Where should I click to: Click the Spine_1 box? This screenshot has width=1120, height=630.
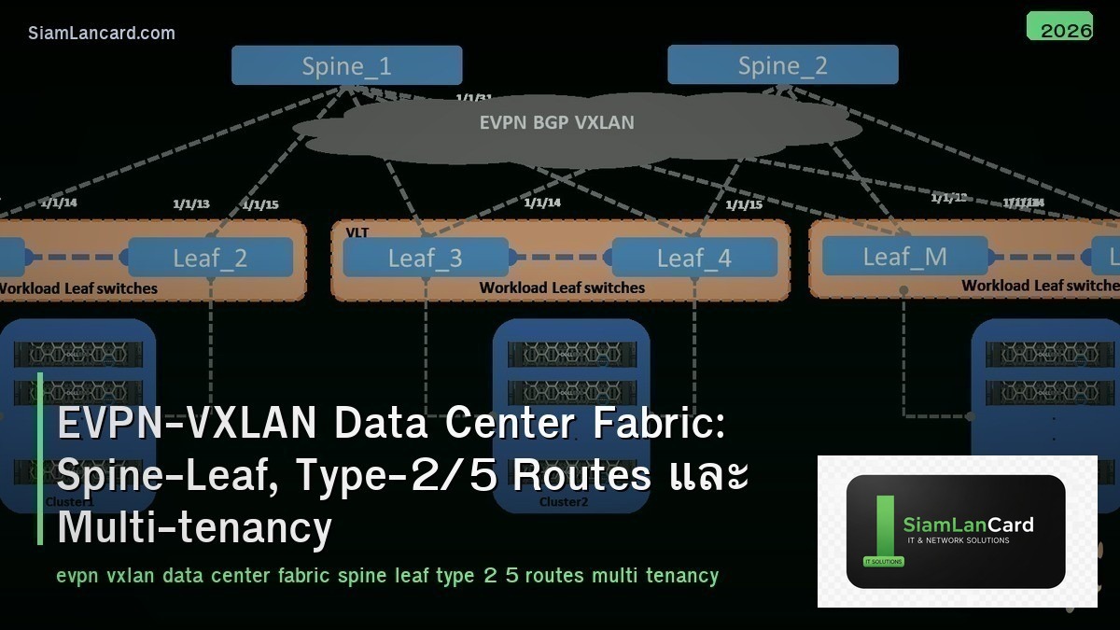coord(346,65)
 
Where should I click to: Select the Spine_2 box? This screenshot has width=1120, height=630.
coord(782,65)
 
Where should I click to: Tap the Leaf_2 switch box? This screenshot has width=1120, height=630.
coord(210,258)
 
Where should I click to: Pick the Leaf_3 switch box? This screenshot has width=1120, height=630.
coord(426,258)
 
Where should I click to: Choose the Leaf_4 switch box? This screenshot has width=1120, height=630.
coord(693,258)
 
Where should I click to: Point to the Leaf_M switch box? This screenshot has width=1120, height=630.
coord(904,256)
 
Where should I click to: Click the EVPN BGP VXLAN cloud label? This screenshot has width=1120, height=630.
coord(556,122)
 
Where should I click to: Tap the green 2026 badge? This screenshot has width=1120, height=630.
coord(1059,28)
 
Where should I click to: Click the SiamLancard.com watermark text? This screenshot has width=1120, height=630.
coord(102,34)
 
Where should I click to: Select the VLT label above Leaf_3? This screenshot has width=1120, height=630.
coord(357,231)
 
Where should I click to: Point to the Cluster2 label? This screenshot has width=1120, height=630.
coord(564,502)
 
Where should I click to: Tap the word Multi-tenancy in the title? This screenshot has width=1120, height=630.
coord(194,527)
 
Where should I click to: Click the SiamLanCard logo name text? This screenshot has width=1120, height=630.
coord(968,525)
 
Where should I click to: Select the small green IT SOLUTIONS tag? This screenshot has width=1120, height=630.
coord(877,562)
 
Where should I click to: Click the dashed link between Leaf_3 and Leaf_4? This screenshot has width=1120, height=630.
coord(560,258)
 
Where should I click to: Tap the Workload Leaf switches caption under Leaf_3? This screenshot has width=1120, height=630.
coord(562,287)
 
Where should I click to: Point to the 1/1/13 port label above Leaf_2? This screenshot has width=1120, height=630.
coord(191,203)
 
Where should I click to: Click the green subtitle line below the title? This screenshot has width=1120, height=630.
coord(386,575)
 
